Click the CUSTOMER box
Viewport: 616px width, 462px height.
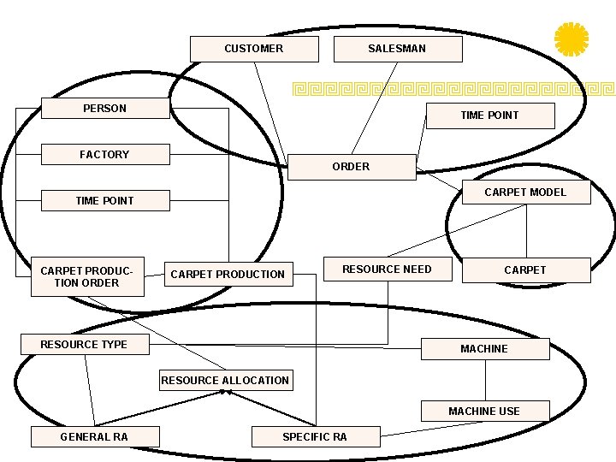pos(253,49)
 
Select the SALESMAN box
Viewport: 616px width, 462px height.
pos(397,49)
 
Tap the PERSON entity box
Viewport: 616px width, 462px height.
pos(105,109)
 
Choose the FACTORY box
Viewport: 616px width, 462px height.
pos(105,155)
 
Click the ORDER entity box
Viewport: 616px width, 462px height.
pos(351,167)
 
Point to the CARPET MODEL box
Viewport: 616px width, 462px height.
pos(525,192)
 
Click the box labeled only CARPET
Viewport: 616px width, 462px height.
pos(525,270)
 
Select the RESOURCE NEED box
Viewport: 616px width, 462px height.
pos(387,269)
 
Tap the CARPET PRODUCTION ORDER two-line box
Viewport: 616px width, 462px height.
pos(86,276)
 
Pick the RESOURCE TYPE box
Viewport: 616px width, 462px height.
pos(84,344)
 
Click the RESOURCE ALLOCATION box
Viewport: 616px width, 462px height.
pos(225,380)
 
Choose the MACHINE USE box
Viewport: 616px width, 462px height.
pos(484,412)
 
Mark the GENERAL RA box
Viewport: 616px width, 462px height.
pos(94,437)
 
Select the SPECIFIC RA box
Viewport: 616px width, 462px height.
pos(315,437)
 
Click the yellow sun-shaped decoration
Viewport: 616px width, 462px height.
pos(571,39)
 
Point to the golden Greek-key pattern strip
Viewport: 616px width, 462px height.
pos(453,87)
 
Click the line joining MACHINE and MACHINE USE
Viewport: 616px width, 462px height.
pos(486,380)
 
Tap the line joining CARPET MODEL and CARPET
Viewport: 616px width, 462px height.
pos(526,231)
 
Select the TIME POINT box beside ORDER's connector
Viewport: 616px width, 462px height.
pos(489,115)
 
